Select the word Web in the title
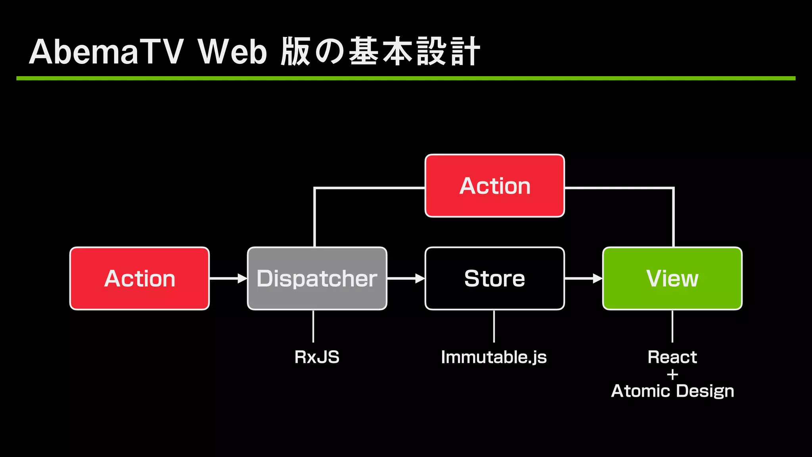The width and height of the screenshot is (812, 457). pos(233,52)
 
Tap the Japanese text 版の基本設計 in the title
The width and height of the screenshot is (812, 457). pos(380,52)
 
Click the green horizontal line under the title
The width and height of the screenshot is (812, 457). pos(406,79)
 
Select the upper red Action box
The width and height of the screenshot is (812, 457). pos(494,186)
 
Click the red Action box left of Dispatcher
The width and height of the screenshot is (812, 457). pos(140,278)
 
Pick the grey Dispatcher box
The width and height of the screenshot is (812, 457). pos(317,278)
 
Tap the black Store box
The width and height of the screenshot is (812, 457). pos(494,278)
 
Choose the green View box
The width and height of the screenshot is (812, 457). pos(672,278)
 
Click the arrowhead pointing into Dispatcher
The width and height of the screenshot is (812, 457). pos(242,278)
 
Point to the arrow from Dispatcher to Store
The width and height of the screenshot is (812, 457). pos(405,278)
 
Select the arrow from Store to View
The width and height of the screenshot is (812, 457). pos(583,278)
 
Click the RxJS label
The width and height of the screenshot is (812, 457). pos(317,357)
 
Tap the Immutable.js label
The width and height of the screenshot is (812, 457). pos(494,357)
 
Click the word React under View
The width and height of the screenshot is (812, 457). pos(672,357)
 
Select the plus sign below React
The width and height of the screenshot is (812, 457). pos(672,374)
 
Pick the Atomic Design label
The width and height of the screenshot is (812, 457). pos(672,391)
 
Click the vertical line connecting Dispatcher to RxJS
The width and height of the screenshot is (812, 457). pos(313,326)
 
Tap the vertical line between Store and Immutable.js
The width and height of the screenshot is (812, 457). pos(494,326)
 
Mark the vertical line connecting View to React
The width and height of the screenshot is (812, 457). pos(672,326)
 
